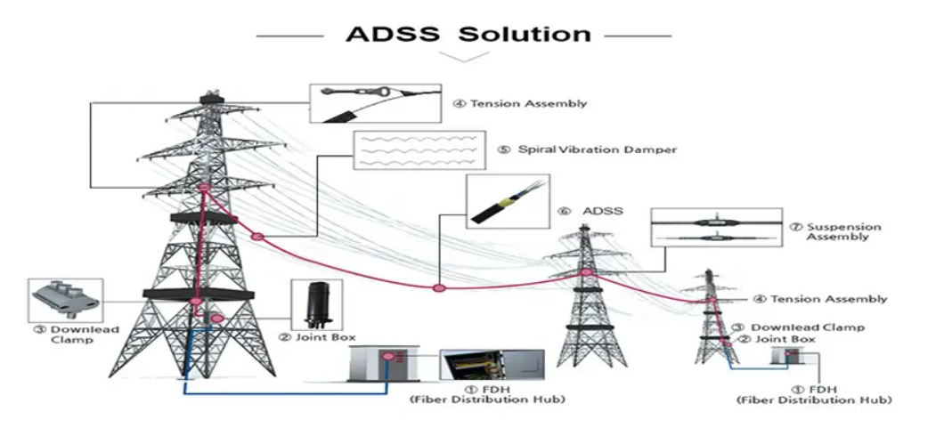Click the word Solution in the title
[525, 35]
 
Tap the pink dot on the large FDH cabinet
[388, 358]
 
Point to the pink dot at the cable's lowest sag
[438, 287]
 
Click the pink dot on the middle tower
[585, 272]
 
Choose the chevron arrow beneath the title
[464, 56]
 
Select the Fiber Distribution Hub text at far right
[815, 401]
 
